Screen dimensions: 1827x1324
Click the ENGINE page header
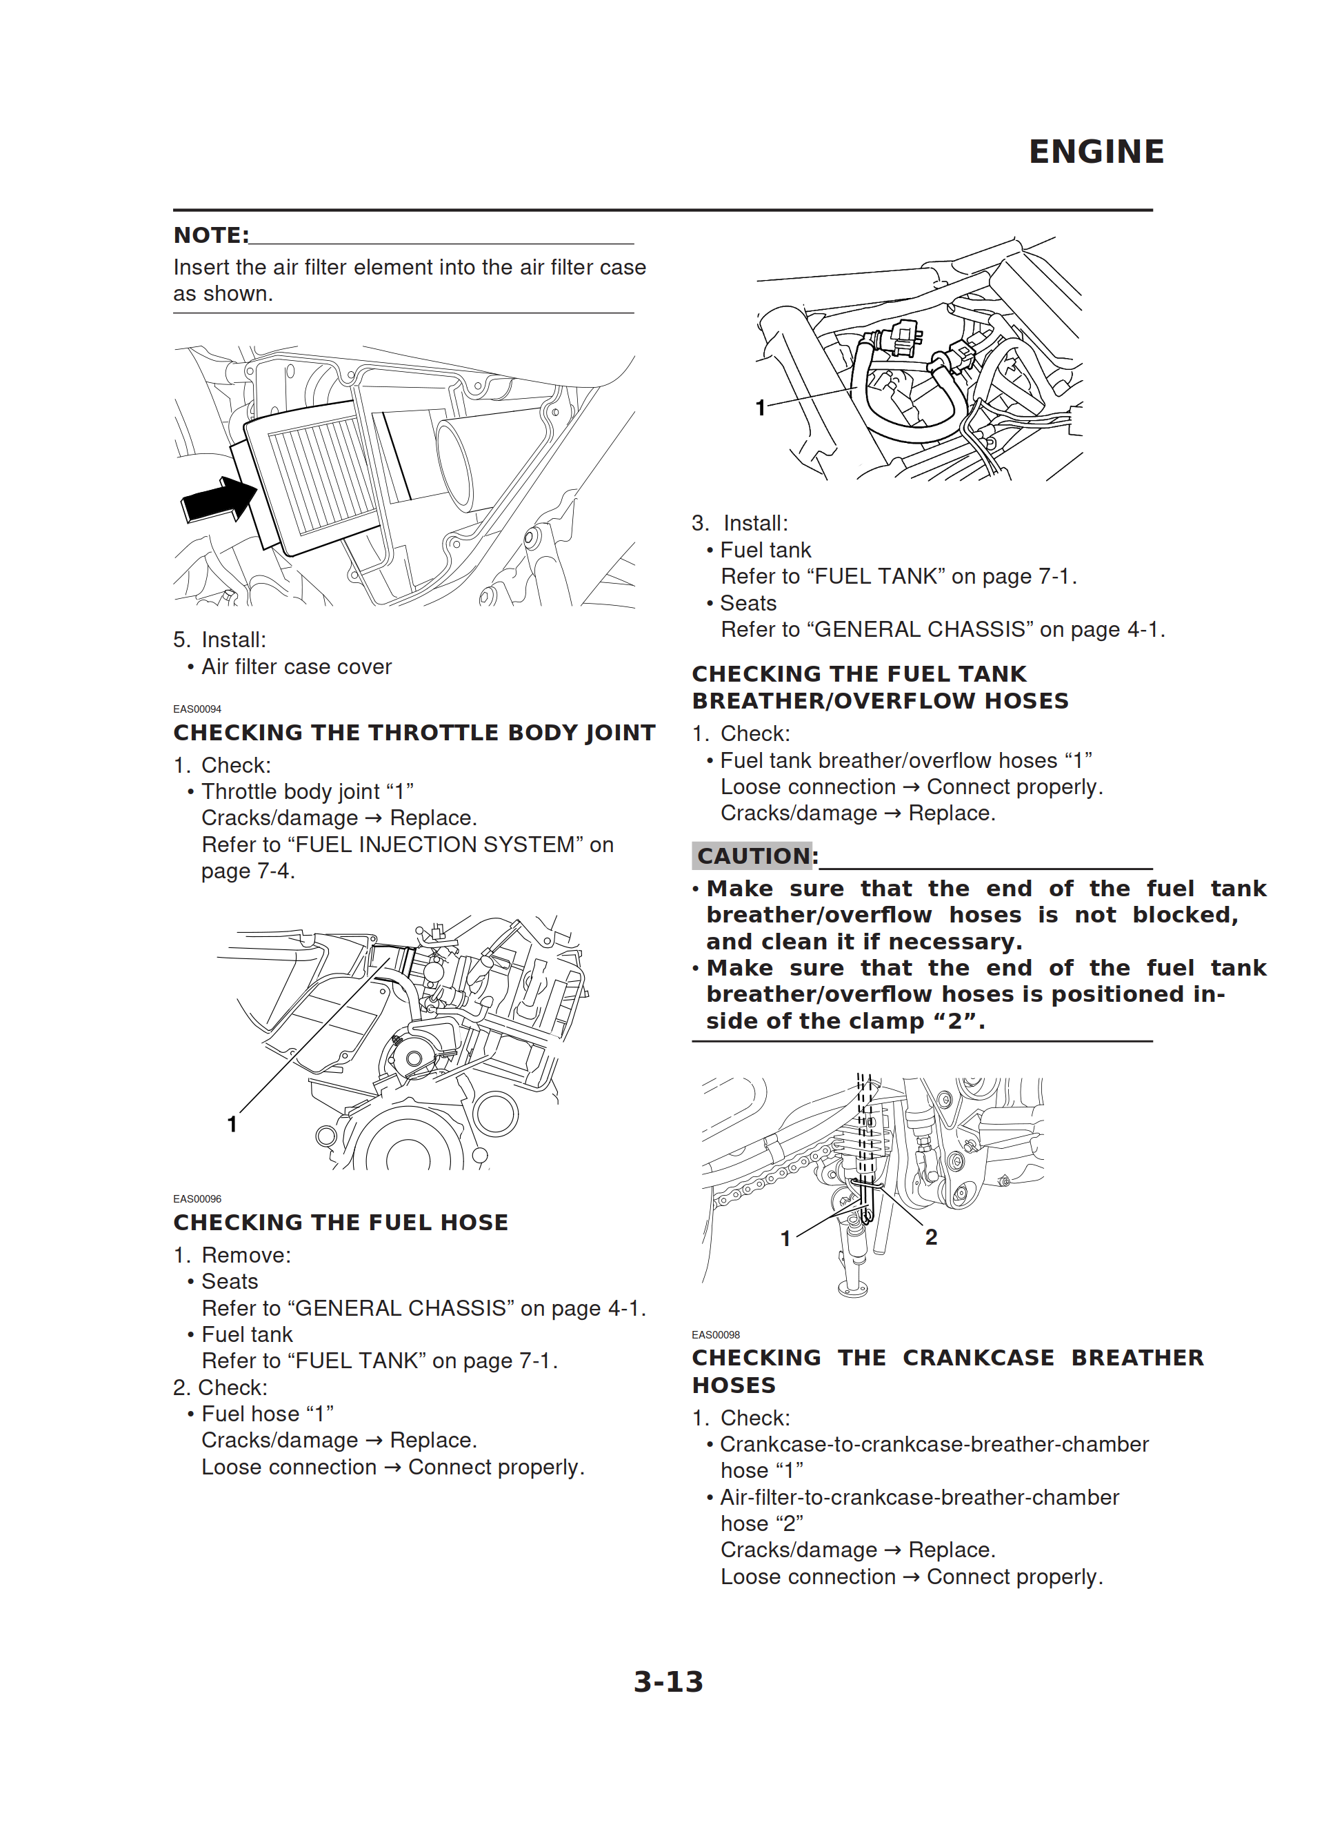(x=1095, y=151)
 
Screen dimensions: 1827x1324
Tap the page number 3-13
(x=668, y=1681)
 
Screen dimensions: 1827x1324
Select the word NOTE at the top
(x=210, y=235)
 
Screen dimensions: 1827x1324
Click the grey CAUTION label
(x=753, y=856)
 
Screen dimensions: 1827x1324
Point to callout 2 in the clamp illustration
(x=931, y=1236)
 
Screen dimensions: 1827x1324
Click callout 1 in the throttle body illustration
(x=232, y=1124)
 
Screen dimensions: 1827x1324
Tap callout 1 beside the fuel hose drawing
(x=759, y=408)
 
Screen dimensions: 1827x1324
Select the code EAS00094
(x=197, y=709)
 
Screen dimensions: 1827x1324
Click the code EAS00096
(x=197, y=1198)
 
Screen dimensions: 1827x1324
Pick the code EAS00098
(x=716, y=1335)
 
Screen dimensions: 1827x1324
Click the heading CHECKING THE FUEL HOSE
(x=341, y=1222)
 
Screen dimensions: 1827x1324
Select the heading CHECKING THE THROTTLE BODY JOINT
(x=414, y=732)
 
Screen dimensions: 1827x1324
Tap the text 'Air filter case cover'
(x=297, y=667)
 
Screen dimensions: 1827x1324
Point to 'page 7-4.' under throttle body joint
(x=248, y=871)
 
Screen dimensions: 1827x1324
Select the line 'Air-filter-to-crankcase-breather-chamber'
(x=919, y=1497)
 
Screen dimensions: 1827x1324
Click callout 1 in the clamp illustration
(x=785, y=1238)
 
